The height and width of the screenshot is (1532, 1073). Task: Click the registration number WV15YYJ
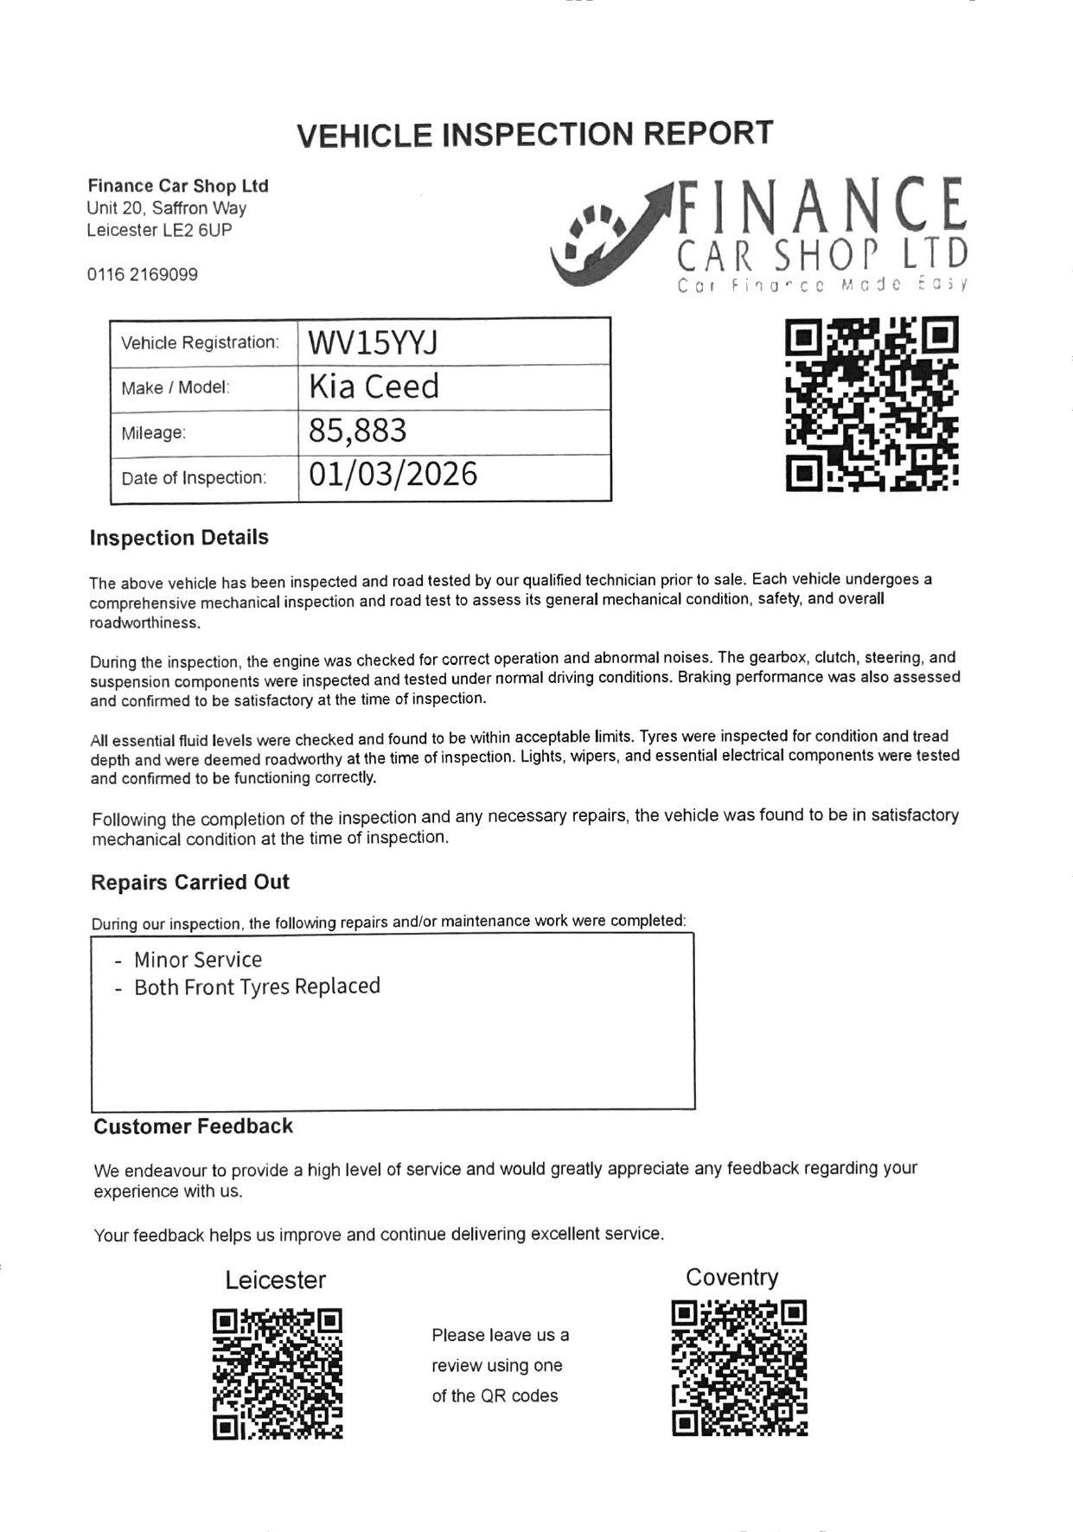(x=373, y=343)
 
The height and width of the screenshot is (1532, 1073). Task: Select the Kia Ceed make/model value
(x=374, y=386)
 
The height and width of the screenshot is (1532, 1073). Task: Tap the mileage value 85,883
(x=357, y=431)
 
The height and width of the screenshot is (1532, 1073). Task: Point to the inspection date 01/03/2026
(x=393, y=475)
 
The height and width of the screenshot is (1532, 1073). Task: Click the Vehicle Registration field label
(x=200, y=343)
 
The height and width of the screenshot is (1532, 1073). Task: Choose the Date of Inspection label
(x=194, y=478)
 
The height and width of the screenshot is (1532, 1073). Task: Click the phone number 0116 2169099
(x=142, y=275)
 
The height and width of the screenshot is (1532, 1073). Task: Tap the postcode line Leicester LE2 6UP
(x=159, y=230)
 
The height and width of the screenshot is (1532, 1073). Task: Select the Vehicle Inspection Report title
(x=534, y=134)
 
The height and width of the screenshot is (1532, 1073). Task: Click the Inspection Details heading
(x=179, y=538)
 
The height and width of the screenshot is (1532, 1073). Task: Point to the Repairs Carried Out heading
(x=190, y=883)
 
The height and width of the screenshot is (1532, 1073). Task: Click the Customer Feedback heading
(x=193, y=1127)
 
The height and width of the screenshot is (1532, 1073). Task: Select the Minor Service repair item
(x=197, y=960)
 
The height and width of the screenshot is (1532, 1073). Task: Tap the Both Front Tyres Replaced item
(x=257, y=987)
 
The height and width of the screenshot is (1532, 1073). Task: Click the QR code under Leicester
(x=278, y=1374)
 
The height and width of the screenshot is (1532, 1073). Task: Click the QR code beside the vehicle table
(x=872, y=405)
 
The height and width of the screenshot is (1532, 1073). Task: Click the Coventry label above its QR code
(x=731, y=1277)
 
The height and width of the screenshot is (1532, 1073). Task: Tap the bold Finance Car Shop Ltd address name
(x=178, y=186)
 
